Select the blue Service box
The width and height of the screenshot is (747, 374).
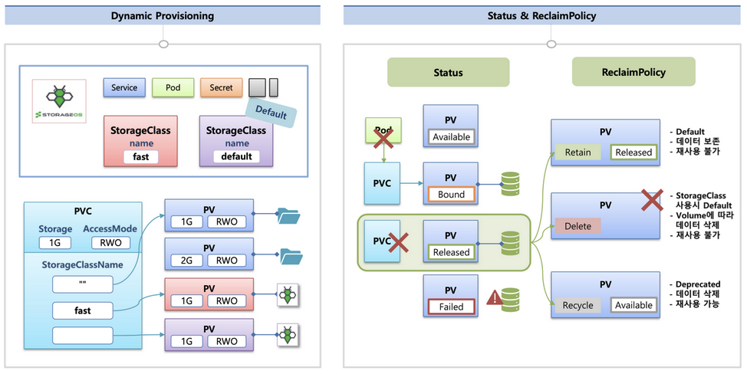point(124,87)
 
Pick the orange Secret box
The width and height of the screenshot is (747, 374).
point(221,87)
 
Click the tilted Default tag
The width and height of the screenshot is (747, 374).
point(271,113)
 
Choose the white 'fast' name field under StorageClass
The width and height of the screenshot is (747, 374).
point(140,157)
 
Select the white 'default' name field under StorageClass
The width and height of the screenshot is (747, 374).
point(236,157)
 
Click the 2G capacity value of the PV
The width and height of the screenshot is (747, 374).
point(186,261)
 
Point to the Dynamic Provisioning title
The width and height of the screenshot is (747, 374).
point(163,15)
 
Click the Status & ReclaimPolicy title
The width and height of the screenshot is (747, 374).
point(541,15)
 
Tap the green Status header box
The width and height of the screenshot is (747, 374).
point(448,73)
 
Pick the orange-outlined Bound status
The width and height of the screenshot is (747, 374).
point(451,195)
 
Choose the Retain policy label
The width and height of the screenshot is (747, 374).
point(578,153)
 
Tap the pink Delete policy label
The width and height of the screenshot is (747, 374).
point(578,227)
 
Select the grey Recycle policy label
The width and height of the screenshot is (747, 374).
point(578,305)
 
